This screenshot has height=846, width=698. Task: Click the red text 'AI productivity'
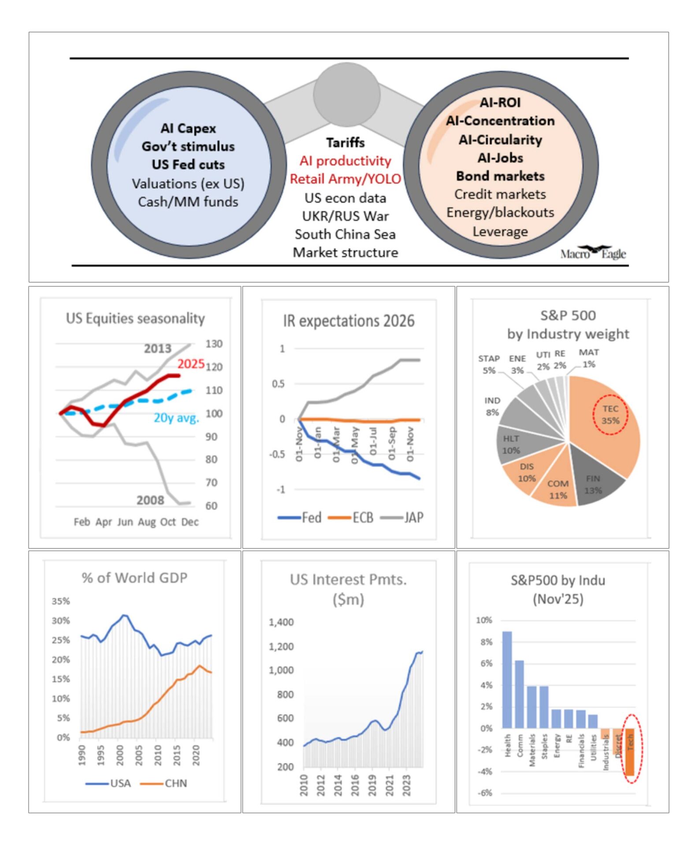345,161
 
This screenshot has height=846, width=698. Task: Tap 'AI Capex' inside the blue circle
188,128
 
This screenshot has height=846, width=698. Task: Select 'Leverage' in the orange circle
500,231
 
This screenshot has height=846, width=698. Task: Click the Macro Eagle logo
593,253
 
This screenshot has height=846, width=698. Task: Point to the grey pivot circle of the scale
347,94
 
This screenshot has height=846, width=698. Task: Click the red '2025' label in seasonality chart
191,364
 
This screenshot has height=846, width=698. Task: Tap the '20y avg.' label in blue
176,418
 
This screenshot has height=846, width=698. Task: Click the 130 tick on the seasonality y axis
214,344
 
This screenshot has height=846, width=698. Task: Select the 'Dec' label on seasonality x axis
189,522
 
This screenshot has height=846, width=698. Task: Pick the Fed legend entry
300,517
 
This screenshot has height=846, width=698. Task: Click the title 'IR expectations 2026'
349,321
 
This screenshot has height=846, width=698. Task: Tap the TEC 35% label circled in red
610,415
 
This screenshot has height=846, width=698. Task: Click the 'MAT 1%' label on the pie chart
589,358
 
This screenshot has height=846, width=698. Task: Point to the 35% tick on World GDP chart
61,601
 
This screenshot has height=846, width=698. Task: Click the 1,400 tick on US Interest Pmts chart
281,622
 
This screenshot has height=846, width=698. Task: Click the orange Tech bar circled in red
630,751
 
